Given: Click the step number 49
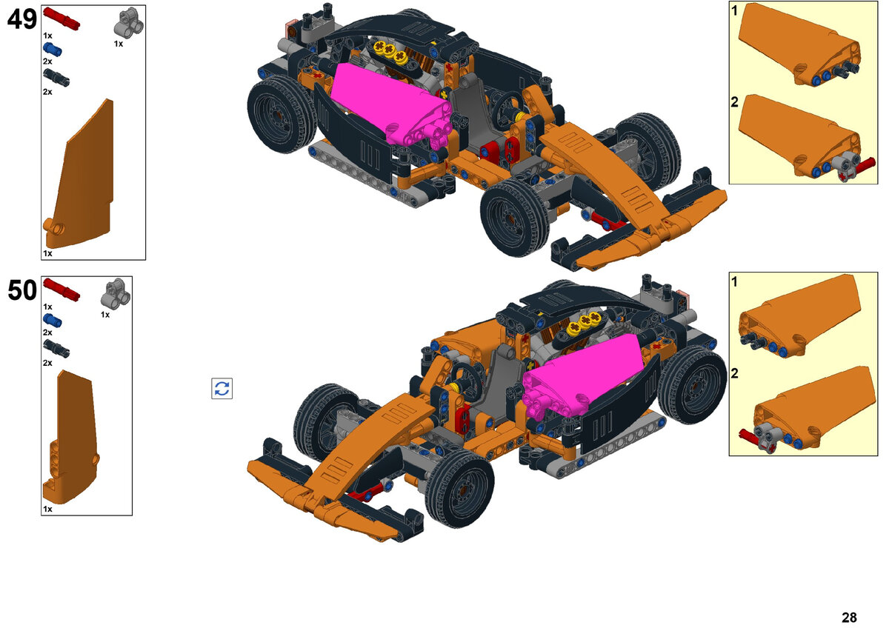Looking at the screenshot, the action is pyautogui.click(x=21, y=19).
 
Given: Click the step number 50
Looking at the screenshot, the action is pyautogui.click(x=21, y=290).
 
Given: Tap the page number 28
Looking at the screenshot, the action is pyautogui.click(x=849, y=618).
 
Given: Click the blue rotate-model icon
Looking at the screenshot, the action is pyautogui.click(x=222, y=388).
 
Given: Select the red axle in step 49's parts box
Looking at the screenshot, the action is pyautogui.click(x=61, y=19).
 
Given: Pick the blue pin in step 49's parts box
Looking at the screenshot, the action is pyautogui.click(x=53, y=49).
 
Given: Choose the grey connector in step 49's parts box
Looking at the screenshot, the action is pyautogui.click(x=129, y=23).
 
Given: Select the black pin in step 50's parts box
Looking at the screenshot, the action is pyautogui.click(x=56, y=348).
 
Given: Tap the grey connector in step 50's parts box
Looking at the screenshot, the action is pyautogui.click(x=116, y=293).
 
